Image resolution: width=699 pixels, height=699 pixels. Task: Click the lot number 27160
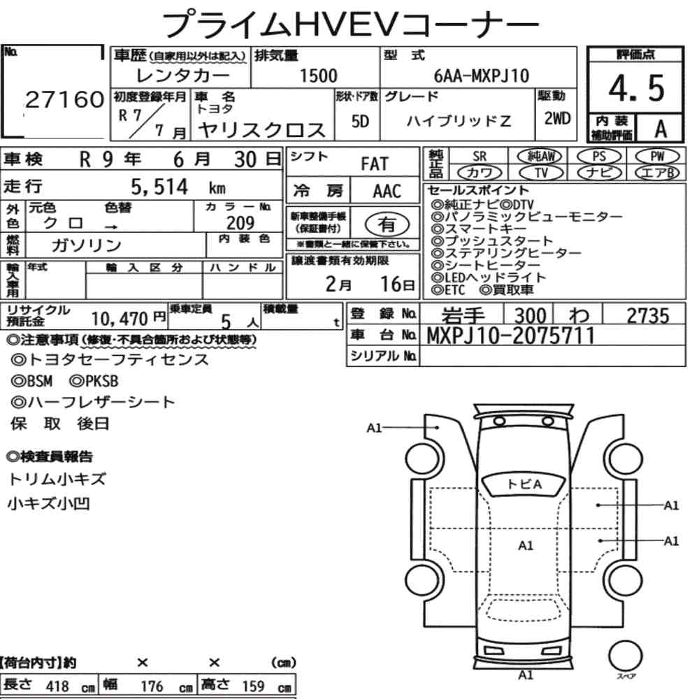pos(64,101)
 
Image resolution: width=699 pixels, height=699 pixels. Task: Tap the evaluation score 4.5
pos(635,87)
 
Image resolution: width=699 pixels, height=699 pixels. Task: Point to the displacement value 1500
pos(317,76)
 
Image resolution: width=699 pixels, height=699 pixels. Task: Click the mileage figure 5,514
pos(159,187)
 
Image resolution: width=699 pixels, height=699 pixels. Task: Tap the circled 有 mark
pos(387,224)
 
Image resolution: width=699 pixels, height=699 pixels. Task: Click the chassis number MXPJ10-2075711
pos(511,336)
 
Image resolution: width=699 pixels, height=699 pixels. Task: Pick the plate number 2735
pos(647,316)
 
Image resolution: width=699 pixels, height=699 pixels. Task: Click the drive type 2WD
pos(556,118)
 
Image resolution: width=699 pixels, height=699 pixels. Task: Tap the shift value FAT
pos(374,164)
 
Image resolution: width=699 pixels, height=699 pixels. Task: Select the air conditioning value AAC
pos(387,192)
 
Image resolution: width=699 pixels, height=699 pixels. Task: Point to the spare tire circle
pos(625,656)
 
